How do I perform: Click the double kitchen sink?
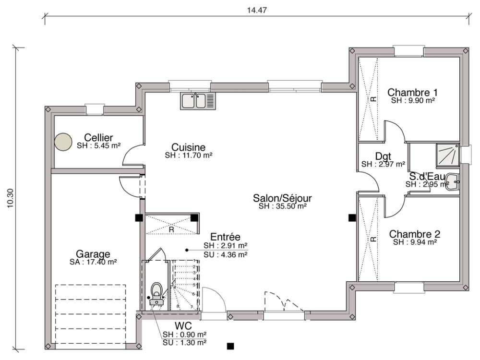pyautogui.click(x=199, y=101)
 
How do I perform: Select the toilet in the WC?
pyautogui.click(x=156, y=291)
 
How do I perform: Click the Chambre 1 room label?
pyautogui.click(x=412, y=92)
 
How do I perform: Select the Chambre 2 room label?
pyautogui.click(x=414, y=234)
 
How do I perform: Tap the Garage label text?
pyautogui.click(x=93, y=254)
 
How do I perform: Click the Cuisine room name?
pyautogui.click(x=189, y=147)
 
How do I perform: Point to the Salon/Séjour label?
pyautogui.click(x=283, y=198)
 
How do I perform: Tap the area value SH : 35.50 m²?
pyautogui.click(x=282, y=206)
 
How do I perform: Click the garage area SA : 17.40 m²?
pyautogui.click(x=93, y=262)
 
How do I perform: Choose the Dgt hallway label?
pyautogui.click(x=383, y=156)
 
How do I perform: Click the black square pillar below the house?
pyautogui.click(x=230, y=346)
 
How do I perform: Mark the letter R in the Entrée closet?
pyautogui.click(x=171, y=229)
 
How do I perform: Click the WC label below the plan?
pyautogui.click(x=184, y=326)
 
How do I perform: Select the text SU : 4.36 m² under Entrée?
pyautogui.click(x=226, y=254)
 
